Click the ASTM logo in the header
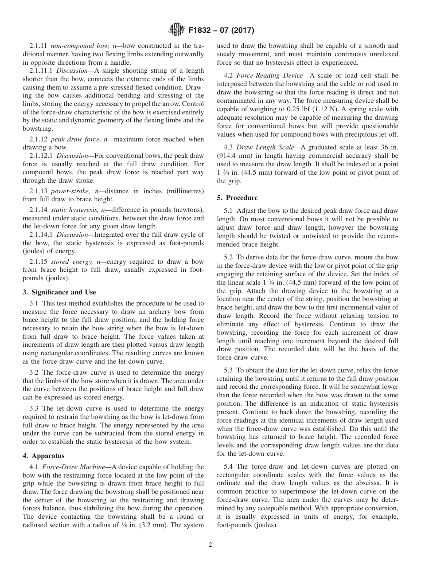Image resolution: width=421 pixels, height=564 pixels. coord(177,31)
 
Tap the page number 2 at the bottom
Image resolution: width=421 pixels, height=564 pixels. coord(210,545)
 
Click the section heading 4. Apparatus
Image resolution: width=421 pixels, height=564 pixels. coord(43,455)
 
